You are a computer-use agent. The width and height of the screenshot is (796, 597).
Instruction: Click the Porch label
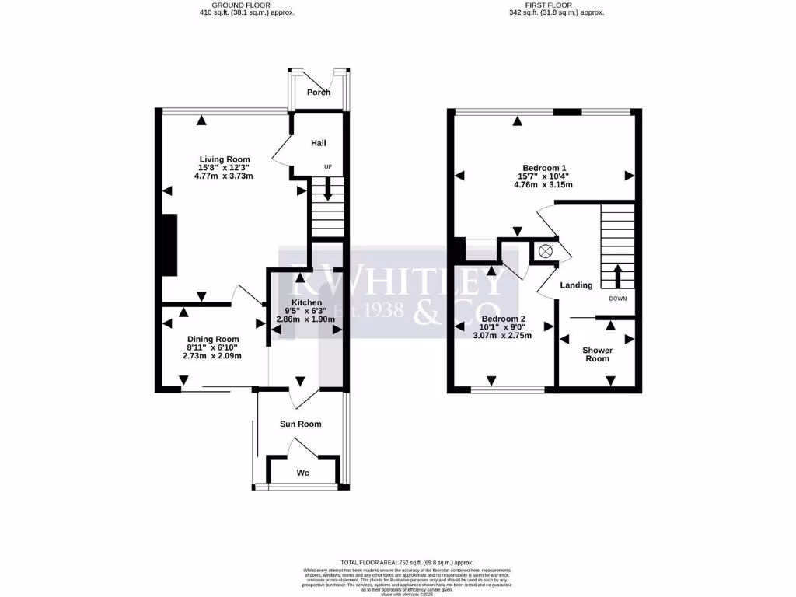[319, 93]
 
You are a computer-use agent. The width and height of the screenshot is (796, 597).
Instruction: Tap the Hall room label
[319, 144]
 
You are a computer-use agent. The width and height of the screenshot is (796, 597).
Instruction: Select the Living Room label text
[224, 159]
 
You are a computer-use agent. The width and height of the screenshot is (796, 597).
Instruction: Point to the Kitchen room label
[306, 302]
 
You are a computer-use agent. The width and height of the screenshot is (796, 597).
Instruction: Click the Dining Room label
[213, 340]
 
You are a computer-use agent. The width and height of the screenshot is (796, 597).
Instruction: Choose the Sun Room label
[301, 424]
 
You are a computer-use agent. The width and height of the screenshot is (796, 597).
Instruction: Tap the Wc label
[303, 473]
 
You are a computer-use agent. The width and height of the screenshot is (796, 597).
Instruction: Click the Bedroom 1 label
[544, 168]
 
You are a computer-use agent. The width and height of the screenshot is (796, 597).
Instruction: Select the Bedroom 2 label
[504, 319]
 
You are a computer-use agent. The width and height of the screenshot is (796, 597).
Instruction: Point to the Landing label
[577, 285]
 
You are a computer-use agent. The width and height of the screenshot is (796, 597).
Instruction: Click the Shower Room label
[598, 354]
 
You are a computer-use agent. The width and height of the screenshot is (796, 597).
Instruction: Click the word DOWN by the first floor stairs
[619, 298]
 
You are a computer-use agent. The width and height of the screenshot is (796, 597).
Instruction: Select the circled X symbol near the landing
[545, 250]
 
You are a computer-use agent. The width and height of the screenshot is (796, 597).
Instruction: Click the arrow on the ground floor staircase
[328, 189]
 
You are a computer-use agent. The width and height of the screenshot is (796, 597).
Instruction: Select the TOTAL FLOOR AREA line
[407, 562]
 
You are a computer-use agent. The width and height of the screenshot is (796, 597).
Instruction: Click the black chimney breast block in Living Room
[167, 244]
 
